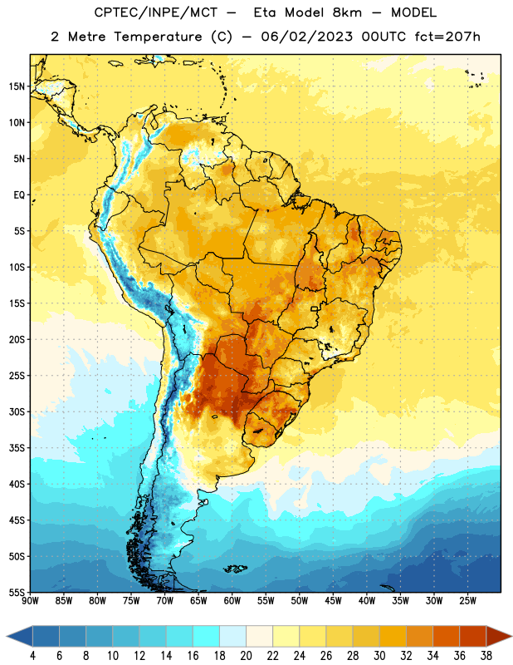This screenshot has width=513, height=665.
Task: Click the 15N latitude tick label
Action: [x=17, y=86]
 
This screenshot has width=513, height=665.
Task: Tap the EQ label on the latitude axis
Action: [x=19, y=195]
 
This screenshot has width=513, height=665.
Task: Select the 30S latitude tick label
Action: [x=17, y=411]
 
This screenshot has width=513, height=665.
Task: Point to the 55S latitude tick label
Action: [x=17, y=592]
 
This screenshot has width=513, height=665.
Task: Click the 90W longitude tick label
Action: [x=30, y=601]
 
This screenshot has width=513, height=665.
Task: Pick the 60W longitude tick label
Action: [x=232, y=601]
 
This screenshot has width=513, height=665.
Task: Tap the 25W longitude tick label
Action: [x=468, y=601]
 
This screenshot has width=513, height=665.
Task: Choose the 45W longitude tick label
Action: [x=334, y=601]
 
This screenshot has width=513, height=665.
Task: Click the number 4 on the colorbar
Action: [x=32, y=656]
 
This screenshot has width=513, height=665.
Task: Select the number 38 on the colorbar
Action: [x=486, y=656]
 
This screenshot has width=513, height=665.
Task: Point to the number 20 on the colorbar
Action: [x=246, y=656]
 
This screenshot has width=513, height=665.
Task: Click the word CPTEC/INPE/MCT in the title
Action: [x=156, y=12]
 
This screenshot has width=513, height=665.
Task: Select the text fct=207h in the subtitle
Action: [x=447, y=37]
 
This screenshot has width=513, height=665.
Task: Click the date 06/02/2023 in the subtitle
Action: [x=306, y=37]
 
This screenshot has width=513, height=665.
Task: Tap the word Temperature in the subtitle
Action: [x=158, y=37]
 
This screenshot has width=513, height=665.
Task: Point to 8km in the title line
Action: [x=347, y=12]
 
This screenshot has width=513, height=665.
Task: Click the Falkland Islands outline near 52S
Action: [x=236, y=569]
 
